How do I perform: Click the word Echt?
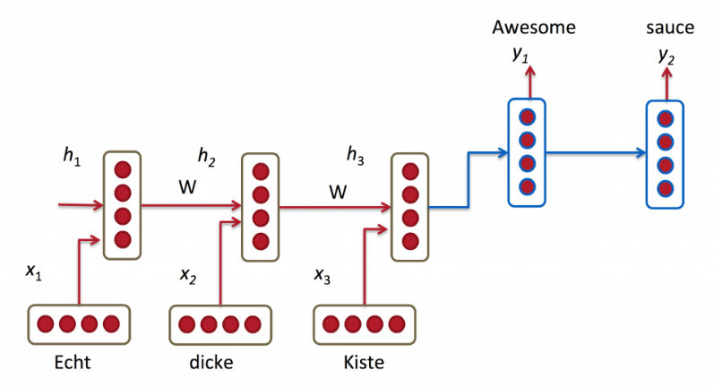(x=73, y=364)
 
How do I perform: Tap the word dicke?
(x=211, y=364)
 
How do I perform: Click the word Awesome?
(x=534, y=28)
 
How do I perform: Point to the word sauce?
(x=669, y=28)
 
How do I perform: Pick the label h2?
(x=207, y=158)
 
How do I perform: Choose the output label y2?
(x=666, y=56)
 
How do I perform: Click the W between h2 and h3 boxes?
(x=338, y=191)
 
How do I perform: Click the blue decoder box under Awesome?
(x=527, y=150)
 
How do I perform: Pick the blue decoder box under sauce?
(x=665, y=153)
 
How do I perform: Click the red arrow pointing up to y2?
(x=665, y=85)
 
